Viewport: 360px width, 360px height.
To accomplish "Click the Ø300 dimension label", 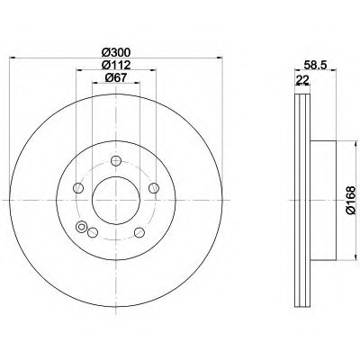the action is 116,52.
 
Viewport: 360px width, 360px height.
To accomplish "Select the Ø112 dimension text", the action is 116,65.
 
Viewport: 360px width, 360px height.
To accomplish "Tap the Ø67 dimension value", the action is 116,77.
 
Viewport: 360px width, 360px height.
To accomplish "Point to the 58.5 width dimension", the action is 315,65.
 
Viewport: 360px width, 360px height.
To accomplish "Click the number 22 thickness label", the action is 302,80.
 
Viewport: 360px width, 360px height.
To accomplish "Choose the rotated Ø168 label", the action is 350,200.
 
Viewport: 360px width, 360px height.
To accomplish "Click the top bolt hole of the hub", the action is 116,161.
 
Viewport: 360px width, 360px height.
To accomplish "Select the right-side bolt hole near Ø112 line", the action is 154,188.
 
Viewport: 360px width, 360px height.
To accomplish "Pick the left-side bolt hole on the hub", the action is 78,188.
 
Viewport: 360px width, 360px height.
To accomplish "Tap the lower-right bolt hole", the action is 139,232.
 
